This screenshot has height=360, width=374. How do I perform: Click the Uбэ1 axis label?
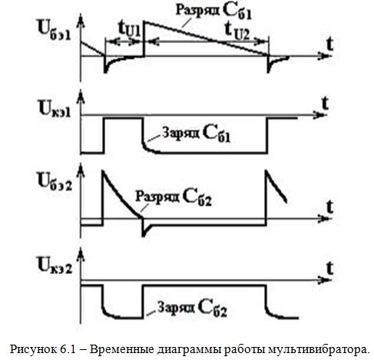point(55,31)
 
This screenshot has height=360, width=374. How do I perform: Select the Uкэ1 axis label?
point(55,110)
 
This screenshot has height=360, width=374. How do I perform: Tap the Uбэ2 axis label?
point(55,181)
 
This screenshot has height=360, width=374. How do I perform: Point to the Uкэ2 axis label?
point(55,265)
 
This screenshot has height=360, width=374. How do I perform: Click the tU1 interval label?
point(130,29)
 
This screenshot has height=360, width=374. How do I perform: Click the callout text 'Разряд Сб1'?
point(213,12)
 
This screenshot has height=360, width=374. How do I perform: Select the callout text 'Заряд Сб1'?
point(197,134)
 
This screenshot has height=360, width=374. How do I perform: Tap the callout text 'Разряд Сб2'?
point(174,198)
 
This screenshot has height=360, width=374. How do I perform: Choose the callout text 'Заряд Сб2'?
point(192,308)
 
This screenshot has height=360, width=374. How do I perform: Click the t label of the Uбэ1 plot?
point(330,45)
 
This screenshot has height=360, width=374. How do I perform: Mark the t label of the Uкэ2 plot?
point(330,268)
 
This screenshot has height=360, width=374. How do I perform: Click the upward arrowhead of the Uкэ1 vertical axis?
point(81,97)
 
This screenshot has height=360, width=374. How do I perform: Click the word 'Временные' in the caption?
point(121,349)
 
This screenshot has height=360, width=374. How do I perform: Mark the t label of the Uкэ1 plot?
point(325,104)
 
